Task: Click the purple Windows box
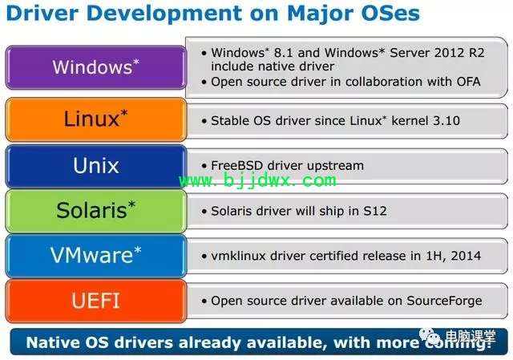(x=96, y=67)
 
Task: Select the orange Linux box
(x=96, y=119)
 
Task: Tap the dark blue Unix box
(x=96, y=166)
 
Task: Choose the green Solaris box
(x=96, y=211)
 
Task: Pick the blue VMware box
(x=96, y=256)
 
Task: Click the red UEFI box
(x=96, y=301)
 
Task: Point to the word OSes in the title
(x=390, y=13)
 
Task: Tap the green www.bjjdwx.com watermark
(x=258, y=180)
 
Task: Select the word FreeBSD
(x=237, y=166)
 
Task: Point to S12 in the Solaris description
(x=375, y=211)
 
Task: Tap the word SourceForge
(x=444, y=301)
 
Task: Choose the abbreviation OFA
(x=468, y=82)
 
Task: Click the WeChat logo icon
(x=430, y=336)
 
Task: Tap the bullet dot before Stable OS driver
(x=204, y=121)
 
